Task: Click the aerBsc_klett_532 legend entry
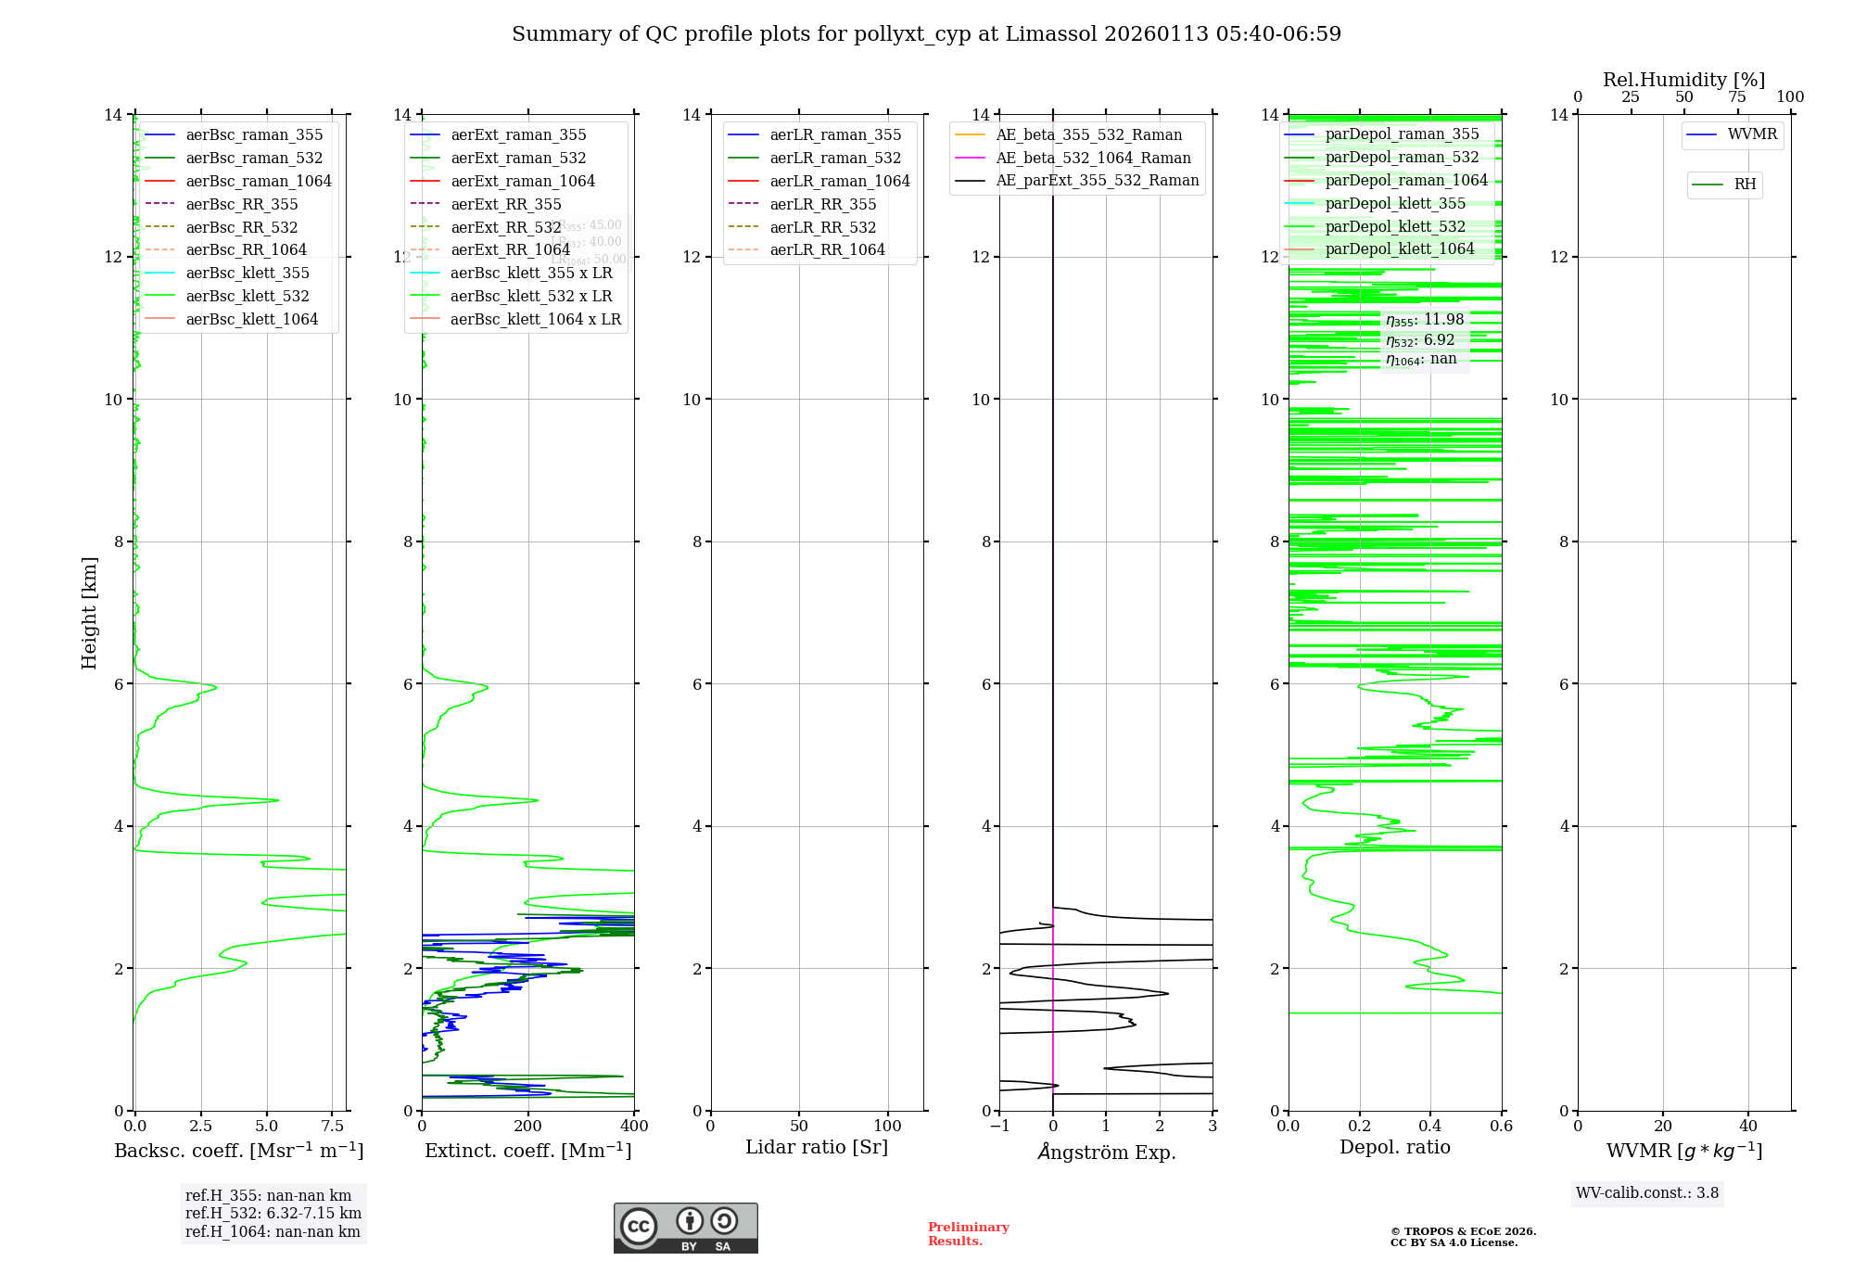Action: click(x=248, y=296)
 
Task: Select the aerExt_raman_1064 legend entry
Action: click(x=523, y=181)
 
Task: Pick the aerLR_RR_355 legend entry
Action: click(x=822, y=204)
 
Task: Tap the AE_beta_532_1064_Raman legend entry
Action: click(x=1093, y=158)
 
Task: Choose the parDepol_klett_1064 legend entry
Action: click(x=1399, y=248)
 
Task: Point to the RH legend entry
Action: click(x=1745, y=185)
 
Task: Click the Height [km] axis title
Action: click(x=89, y=613)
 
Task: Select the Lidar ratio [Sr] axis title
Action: click(x=817, y=1147)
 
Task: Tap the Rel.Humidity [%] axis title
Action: click(x=1683, y=80)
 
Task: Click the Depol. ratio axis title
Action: click(x=1394, y=1147)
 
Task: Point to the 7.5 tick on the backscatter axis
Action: click(x=333, y=1126)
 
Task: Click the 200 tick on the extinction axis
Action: click(x=528, y=1126)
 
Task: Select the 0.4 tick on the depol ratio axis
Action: click(x=1430, y=1126)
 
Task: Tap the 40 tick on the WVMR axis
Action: click(x=1748, y=1126)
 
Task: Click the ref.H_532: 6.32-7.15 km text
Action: click(x=273, y=1213)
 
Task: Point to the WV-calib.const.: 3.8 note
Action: click(x=1647, y=1193)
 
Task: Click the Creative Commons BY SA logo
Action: click(x=685, y=1228)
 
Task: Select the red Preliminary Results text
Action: click(x=968, y=1234)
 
